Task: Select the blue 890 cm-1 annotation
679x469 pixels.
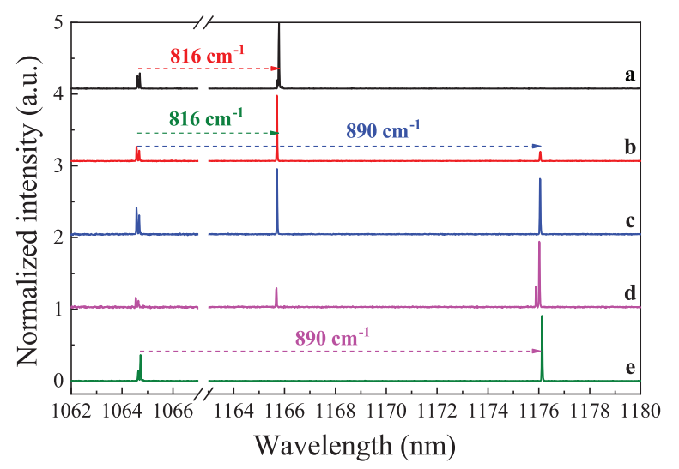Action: tap(383, 131)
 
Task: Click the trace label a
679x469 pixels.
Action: tap(630, 76)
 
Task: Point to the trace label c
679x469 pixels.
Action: tap(630, 221)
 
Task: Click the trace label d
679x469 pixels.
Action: tap(630, 294)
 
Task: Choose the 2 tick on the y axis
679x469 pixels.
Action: tap(57, 238)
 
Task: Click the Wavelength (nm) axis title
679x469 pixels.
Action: tap(354, 444)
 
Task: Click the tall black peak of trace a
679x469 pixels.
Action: tap(279, 43)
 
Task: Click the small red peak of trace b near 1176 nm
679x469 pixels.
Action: tap(540, 155)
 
